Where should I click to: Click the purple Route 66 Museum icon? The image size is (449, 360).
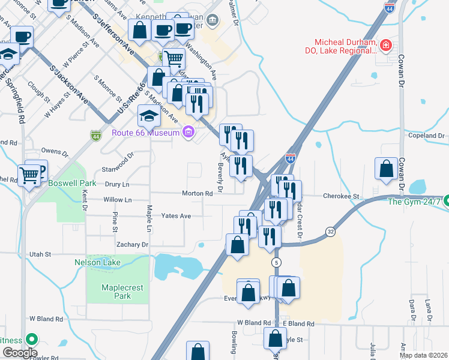[188, 132]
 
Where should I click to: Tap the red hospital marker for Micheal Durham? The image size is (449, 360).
[385, 45]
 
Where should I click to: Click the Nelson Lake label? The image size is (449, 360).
[97, 262]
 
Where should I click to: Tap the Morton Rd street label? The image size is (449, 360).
[198, 194]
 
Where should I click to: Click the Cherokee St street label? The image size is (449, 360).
[340, 196]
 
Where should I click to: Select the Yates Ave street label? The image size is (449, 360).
[176, 215]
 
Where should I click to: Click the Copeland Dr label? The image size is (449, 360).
[426, 136]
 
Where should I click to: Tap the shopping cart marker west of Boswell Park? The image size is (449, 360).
[28, 175]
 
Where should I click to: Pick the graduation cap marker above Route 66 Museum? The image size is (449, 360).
[149, 115]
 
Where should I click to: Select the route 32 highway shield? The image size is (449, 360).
[330, 231]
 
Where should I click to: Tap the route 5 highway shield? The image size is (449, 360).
[276, 263]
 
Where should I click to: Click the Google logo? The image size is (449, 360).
[19, 353]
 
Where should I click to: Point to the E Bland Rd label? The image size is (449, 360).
[298, 323]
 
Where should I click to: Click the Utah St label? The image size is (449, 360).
[41, 254]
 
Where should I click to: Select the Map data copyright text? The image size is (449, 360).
[423, 355]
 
